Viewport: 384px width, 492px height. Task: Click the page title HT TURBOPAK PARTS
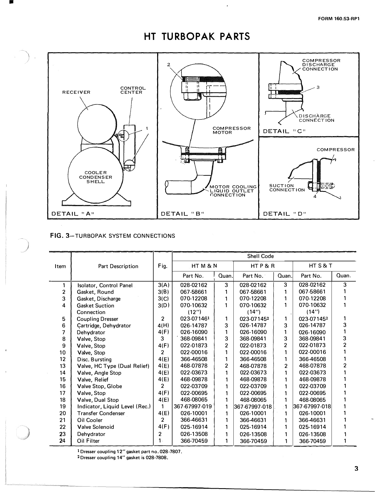[x=197, y=36]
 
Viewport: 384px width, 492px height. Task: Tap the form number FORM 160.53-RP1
[x=338, y=19]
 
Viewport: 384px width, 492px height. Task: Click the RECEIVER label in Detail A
[x=76, y=92]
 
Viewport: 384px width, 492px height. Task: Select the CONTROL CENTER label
[x=133, y=90]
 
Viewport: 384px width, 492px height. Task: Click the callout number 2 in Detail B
[x=169, y=65]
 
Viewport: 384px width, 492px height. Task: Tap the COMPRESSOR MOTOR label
[x=231, y=130]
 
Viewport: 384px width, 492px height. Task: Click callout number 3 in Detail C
[x=318, y=87]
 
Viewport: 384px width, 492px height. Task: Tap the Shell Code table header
[x=260, y=256]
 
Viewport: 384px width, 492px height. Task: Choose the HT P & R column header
[x=262, y=266]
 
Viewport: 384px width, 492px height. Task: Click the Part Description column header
[x=118, y=266]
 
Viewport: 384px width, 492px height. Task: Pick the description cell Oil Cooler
[x=90, y=420]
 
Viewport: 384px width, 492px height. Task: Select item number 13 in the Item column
[x=63, y=366]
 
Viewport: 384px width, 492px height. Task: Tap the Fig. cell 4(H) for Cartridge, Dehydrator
[x=163, y=326]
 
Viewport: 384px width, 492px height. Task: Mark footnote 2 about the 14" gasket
[x=122, y=458]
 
